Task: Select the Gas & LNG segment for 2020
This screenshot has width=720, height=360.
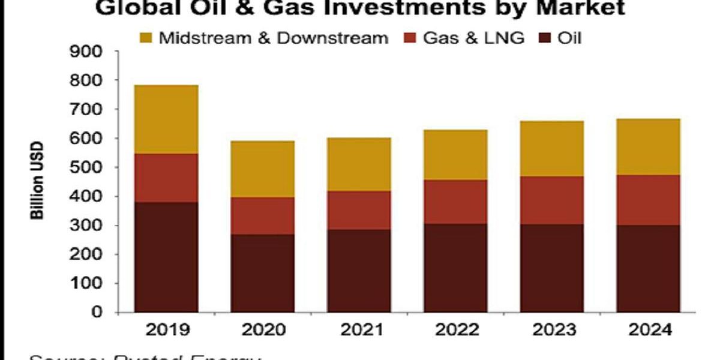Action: pos(263,215)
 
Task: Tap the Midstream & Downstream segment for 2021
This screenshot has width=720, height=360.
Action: pos(359,164)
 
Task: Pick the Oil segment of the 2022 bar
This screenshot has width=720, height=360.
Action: pos(455,268)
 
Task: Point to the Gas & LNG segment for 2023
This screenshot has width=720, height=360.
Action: pos(552,200)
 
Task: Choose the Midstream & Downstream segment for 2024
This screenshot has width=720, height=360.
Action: pos(648,147)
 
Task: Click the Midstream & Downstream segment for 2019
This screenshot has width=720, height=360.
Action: pos(166,119)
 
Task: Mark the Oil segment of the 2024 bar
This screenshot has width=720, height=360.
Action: pos(648,268)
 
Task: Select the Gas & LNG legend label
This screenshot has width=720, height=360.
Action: pos(473,38)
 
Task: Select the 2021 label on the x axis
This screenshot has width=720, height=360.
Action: pos(359,331)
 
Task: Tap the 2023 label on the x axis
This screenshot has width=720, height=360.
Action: pos(552,331)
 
